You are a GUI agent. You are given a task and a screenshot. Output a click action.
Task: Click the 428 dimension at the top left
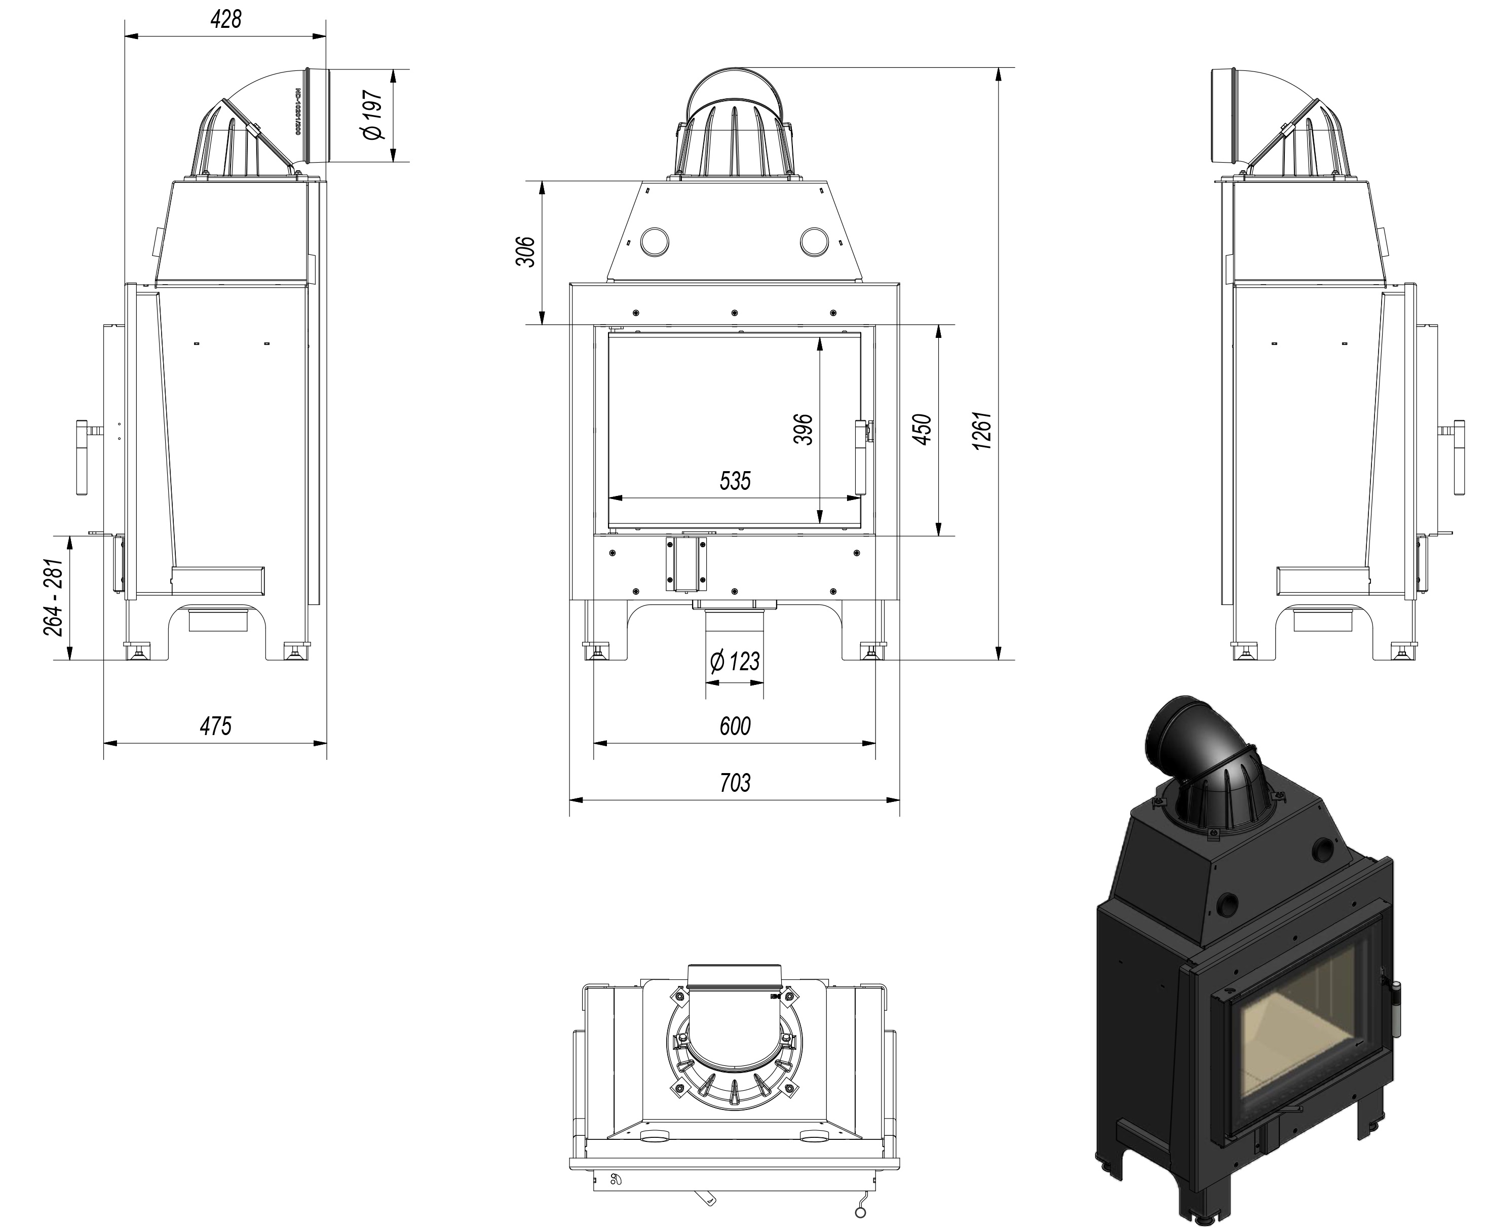[x=225, y=19]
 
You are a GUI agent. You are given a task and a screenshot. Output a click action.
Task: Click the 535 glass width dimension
[x=735, y=481]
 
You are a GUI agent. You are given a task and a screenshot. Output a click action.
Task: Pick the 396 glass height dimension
[x=803, y=430]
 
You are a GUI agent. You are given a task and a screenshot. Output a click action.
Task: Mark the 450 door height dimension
[x=922, y=430]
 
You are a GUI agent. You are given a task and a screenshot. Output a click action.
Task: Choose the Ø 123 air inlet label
[x=735, y=662]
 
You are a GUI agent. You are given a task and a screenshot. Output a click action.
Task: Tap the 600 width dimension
[x=735, y=726]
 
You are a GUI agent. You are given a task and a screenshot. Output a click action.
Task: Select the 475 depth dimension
[x=215, y=726]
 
